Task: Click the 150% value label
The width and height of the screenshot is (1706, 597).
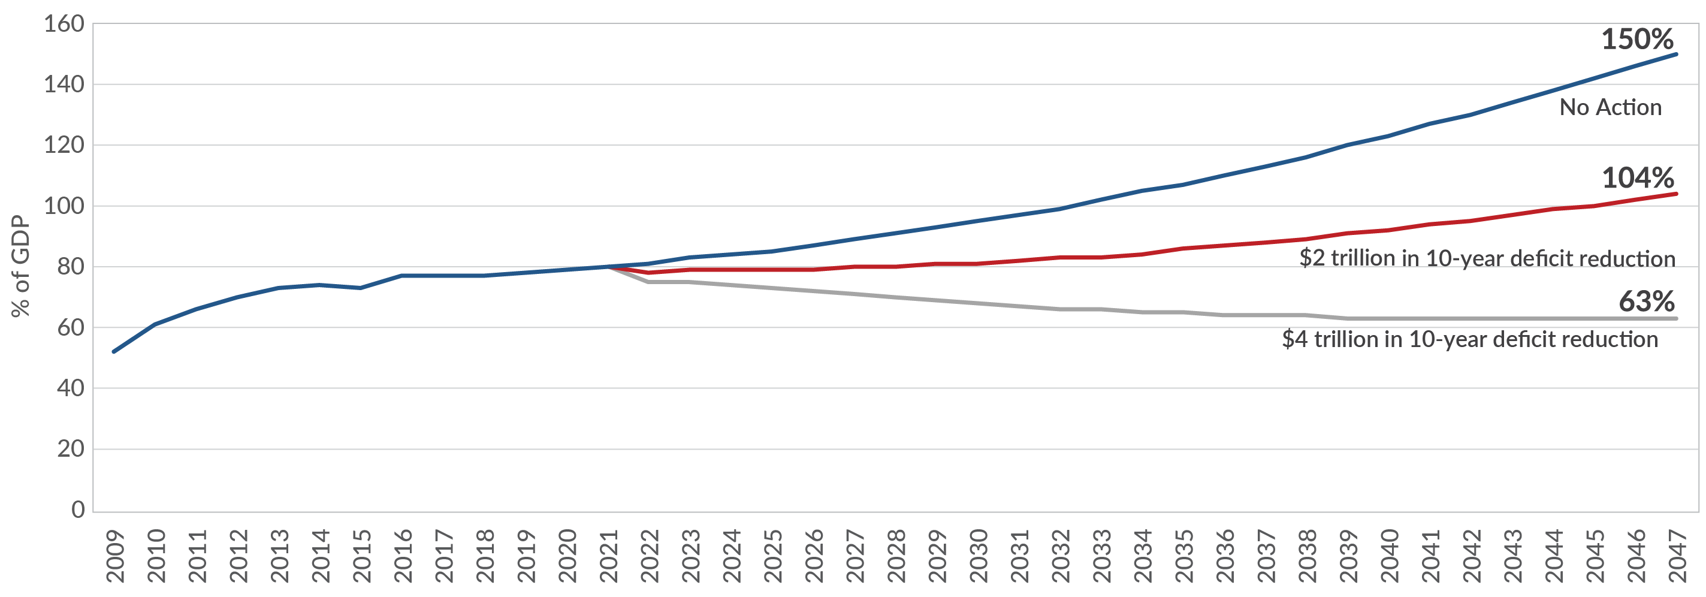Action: pos(1637,40)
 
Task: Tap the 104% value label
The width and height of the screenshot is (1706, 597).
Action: pos(1638,178)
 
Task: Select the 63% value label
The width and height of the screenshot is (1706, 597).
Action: pos(1647,302)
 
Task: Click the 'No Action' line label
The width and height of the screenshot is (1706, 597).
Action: pos(1610,107)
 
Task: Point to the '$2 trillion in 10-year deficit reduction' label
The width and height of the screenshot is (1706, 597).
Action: pos(1487,258)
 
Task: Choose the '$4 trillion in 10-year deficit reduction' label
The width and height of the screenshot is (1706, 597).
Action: pos(1469,339)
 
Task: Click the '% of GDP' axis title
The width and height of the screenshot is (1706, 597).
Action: pos(21,266)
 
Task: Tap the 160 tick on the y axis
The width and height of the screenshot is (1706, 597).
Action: pos(64,25)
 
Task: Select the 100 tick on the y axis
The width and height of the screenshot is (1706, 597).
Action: pos(64,206)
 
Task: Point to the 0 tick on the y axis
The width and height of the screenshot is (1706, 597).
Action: pos(78,509)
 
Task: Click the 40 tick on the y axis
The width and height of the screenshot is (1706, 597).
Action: pos(70,388)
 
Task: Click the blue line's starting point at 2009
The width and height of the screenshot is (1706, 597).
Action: pos(114,351)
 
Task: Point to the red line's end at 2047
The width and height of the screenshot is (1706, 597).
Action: pos(1676,194)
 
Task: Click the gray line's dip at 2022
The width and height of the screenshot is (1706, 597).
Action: pos(648,282)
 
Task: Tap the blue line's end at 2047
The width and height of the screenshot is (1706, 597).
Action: pos(1676,55)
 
